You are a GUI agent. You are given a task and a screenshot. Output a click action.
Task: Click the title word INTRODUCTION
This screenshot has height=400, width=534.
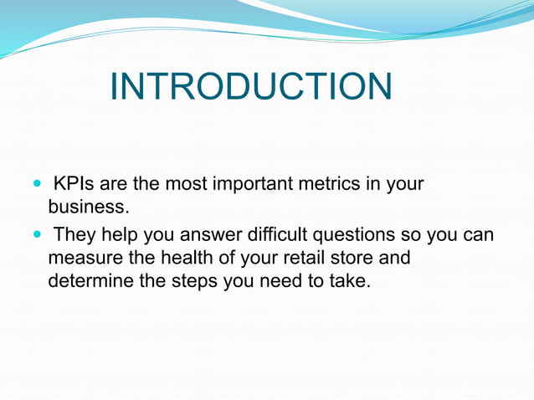click(x=250, y=87)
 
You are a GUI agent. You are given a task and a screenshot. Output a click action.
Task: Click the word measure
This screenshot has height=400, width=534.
click(x=84, y=259)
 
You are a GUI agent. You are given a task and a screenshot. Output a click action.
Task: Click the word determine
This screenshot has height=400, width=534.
click(x=90, y=280)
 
